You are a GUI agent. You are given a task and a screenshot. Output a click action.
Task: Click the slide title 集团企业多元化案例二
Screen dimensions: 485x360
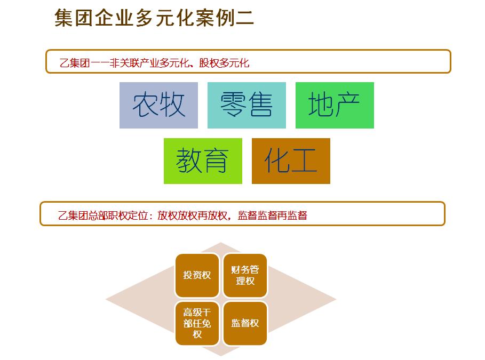[x=154, y=18]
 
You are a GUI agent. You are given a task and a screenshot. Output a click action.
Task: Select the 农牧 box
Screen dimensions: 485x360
[x=158, y=105]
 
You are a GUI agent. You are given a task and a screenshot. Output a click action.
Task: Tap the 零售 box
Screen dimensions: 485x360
[x=247, y=105]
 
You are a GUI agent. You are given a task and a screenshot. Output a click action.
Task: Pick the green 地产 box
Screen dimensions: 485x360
[x=335, y=105]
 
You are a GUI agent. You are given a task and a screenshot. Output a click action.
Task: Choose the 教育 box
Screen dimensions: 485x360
[x=203, y=161]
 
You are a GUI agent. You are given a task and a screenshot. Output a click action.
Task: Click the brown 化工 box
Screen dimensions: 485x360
[x=291, y=161]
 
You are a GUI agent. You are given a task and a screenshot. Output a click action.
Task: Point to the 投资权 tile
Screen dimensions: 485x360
[x=197, y=275]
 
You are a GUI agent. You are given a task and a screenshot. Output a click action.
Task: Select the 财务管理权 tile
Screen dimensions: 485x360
[x=245, y=275]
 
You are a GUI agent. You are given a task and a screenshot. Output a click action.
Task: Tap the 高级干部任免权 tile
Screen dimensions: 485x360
[x=197, y=323]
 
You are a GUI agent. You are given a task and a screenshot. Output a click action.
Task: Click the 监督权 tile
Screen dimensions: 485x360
[x=245, y=323]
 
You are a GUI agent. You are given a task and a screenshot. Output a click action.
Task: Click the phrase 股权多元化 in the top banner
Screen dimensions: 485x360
[x=224, y=63]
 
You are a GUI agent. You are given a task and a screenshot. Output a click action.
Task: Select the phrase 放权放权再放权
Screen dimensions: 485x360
[x=193, y=215]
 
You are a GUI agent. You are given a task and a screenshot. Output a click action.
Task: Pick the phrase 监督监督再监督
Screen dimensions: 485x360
[x=273, y=215]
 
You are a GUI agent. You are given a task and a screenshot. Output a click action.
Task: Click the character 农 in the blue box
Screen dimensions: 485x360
[x=145, y=105]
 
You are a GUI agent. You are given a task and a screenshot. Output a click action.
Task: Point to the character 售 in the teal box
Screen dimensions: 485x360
[x=260, y=105]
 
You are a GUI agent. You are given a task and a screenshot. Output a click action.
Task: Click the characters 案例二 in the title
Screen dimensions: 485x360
[x=224, y=18]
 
